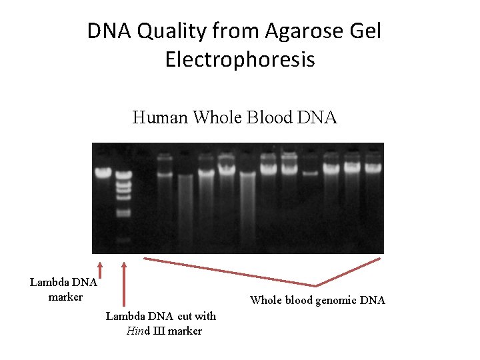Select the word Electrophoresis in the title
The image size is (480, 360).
240,60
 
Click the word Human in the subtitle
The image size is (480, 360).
161,118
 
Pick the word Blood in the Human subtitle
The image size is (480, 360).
269,118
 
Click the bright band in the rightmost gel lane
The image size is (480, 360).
373,167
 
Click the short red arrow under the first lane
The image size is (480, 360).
100,269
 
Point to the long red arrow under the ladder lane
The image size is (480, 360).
123,287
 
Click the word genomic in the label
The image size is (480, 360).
332,301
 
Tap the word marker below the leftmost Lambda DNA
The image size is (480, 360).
65,297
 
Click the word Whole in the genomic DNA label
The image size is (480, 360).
265,301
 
